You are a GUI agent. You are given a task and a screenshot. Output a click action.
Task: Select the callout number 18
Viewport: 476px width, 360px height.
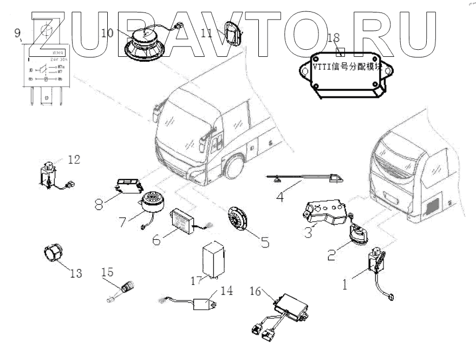coord(334,37)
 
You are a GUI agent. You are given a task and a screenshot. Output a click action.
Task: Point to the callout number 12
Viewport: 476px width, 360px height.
coord(74,160)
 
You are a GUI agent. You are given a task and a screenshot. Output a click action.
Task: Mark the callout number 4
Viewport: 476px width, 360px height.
coord(280,197)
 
